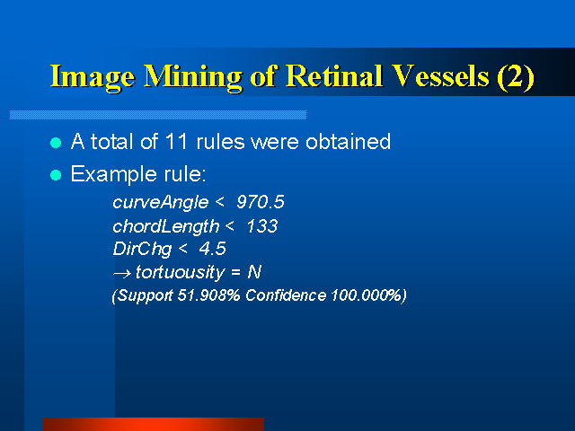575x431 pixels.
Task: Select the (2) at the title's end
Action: pos(516,77)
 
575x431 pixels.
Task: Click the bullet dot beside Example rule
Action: pos(56,175)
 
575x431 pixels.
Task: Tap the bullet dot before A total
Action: pos(56,143)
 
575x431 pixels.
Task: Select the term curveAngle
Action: pos(160,203)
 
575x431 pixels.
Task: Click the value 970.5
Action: pos(261,202)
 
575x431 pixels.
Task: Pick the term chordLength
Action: pos(165,227)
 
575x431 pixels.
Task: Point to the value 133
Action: pos(262,226)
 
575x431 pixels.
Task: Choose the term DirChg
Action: pos(142,250)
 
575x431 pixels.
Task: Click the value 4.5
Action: pos(212,249)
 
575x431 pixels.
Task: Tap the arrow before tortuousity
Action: pos(122,273)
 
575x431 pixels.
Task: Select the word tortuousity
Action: pos(180,273)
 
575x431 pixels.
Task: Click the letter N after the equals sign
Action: pos(254,272)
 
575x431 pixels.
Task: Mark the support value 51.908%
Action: pos(208,295)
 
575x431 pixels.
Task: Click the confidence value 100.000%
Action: pos(367,295)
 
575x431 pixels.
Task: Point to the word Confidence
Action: pos(286,295)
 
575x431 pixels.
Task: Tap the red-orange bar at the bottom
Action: pos(154,425)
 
